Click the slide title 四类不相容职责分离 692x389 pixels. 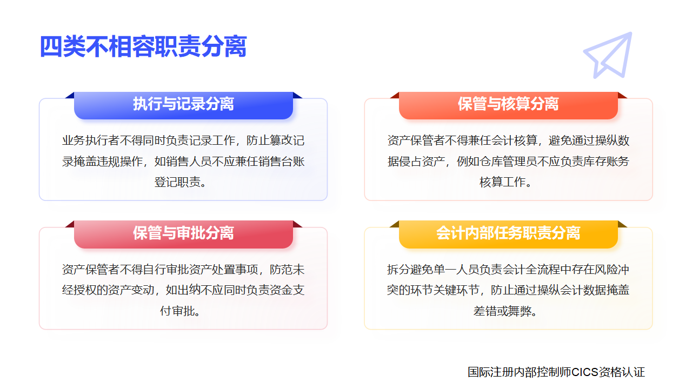[x=143, y=47]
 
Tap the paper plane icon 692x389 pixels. [x=608, y=55]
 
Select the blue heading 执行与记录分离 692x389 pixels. [x=183, y=104]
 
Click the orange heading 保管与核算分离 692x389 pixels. [x=508, y=104]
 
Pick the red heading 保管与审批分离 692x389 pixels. [x=183, y=233]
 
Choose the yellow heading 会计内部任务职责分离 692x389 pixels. [x=508, y=233]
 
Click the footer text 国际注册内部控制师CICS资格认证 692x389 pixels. [x=556, y=372]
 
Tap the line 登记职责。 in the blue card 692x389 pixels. [x=183, y=182]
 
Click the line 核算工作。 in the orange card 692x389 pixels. [x=508, y=182]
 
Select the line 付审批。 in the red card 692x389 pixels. [x=183, y=311]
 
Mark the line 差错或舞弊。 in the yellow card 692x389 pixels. [x=508, y=311]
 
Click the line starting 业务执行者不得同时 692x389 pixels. [x=183, y=141]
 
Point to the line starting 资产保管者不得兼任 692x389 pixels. [x=508, y=141]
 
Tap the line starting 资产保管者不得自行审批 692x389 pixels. [x=183, y=270]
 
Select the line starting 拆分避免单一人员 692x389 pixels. [x=508, y=270]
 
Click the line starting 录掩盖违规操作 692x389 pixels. [x=183, y=162]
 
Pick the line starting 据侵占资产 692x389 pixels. [x=508, y=162]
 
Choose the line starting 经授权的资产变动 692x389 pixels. [x=183, y=290]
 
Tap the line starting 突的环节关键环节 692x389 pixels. [x=508, y=290]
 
